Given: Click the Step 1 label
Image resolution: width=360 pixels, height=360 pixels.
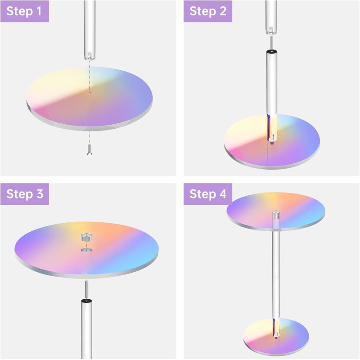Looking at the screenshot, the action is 24,11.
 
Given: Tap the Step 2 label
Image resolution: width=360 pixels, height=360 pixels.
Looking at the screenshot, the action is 208,11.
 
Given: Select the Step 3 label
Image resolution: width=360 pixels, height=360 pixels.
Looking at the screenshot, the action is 25,194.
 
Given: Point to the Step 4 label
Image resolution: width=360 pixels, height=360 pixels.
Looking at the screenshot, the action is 208,194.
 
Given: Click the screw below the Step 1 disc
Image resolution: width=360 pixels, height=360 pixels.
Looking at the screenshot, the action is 90,150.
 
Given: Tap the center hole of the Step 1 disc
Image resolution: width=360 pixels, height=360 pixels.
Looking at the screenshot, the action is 90,93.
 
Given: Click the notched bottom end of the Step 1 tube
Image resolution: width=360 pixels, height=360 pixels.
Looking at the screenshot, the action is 90,56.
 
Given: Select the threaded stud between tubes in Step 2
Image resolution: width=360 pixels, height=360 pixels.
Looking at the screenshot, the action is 271,42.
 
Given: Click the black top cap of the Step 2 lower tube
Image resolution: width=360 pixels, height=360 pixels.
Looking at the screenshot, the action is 272,52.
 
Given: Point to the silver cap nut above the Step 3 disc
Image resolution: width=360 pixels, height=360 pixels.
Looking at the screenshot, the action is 86,237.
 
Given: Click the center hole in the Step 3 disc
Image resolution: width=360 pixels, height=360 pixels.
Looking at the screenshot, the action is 86,250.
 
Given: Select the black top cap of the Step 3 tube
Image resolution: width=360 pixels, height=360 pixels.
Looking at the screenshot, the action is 86,301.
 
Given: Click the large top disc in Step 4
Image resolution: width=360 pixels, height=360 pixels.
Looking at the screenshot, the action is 276,211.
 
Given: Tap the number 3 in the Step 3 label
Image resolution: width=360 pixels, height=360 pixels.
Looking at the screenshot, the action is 40,194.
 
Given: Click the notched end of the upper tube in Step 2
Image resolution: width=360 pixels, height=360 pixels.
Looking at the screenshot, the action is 271,31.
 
